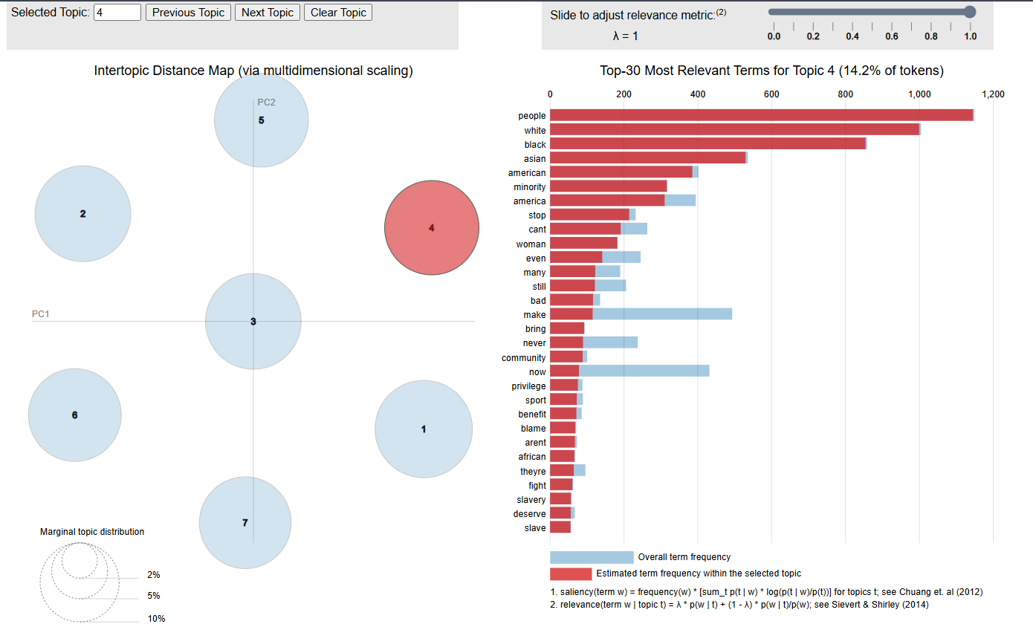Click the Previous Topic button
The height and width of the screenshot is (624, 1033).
click(x=188, y=13)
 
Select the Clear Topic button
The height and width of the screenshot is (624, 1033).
click(x=338, y=13)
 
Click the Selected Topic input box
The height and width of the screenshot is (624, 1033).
click(x=117, y=13)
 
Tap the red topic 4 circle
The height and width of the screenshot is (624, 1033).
click(x=432, y=228)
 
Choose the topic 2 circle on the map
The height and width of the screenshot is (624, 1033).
click(x=82, y=214)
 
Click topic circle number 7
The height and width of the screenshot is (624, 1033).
click(x=245, y=523)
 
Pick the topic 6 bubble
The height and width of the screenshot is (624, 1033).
click(x=74, y=415)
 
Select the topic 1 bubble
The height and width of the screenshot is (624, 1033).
click(x=424, y=429)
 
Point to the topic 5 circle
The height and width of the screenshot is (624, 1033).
click(x=261, y=120)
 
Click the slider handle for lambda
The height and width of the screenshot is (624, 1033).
click(x=969, y=12)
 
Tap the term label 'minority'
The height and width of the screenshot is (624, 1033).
click(x=529, y=187)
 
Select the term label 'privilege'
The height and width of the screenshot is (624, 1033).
click(x=528, y=386)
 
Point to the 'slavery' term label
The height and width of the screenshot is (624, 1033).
click(x=532, y=500)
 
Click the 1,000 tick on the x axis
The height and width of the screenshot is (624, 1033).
click(x=919, y=94)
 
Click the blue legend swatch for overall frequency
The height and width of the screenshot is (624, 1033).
click(x=592, y=557)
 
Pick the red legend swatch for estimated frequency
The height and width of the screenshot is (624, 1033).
click(x=571, y=573)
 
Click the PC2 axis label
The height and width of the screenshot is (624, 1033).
click(x=266, y=103)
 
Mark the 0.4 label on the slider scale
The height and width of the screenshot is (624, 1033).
click(x=852, y=36)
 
